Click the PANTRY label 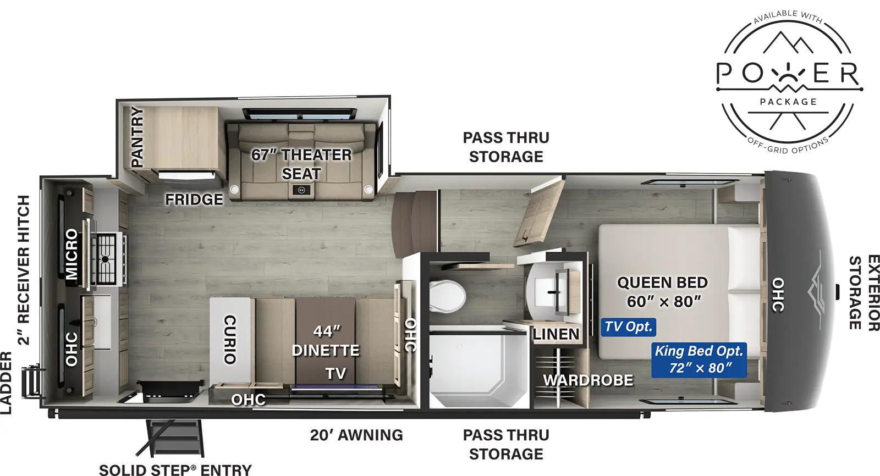137,137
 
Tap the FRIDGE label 194,199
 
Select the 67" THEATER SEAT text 301,164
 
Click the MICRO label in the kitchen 72,254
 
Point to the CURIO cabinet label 230,339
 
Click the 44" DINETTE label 326,341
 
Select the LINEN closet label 555,334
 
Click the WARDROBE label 588,380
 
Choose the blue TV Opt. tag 628,327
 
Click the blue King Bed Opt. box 698,359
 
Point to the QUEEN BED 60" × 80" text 663,292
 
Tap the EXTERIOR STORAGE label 864,292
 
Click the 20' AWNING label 356,435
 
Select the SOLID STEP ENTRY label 175,469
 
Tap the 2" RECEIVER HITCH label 23,269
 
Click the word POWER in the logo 788,74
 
